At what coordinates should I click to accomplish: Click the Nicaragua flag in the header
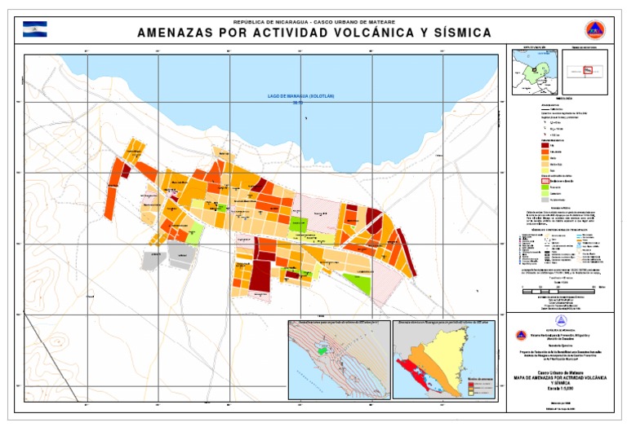[x=35, y=29]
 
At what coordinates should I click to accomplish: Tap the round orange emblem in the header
[x=594, y=29]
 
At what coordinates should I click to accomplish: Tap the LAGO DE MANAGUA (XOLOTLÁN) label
[x=301, y=96]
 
